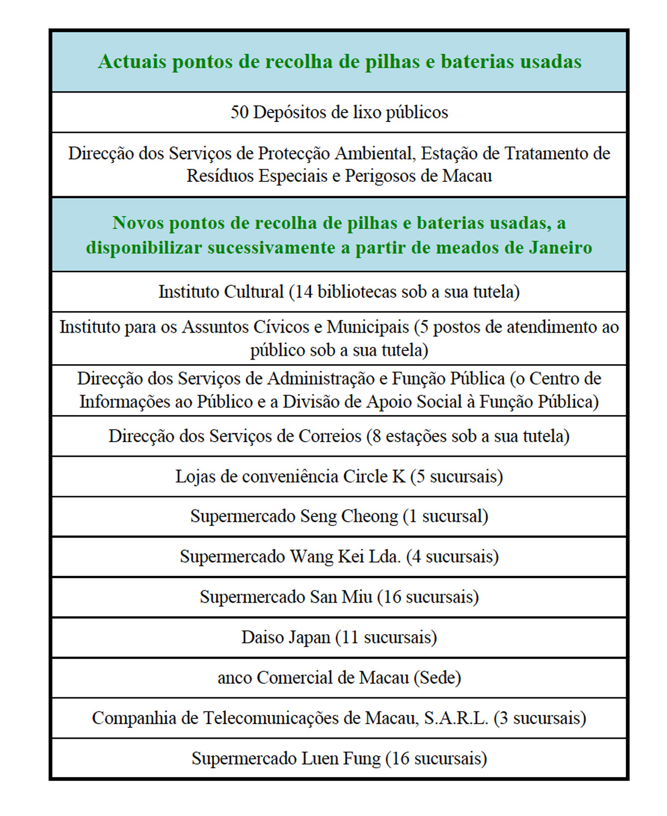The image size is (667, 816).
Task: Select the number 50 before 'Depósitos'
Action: coord(239,112)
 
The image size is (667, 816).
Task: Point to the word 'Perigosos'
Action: coord(381,176)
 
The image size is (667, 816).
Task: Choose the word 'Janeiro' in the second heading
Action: coord(560,248)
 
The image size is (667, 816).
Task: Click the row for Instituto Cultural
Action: coord(339,292)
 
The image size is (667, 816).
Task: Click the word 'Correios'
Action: coord(330,437)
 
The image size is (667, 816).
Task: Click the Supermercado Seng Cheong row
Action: coord(339,517)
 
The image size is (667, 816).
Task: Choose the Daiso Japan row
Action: coord(339,638)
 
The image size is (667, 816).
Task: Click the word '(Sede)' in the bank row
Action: coord(437,678)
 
